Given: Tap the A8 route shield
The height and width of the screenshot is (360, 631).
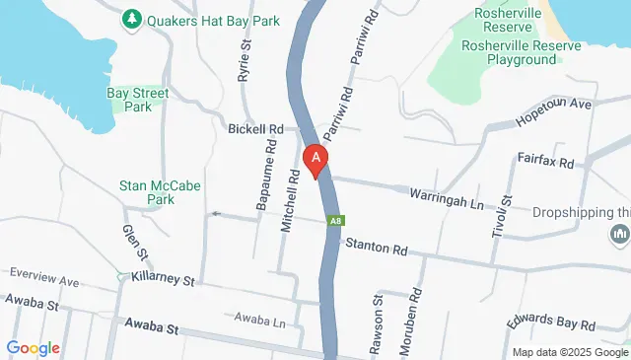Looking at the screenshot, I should [336, 220].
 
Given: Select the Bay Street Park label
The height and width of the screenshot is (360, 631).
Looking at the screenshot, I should [137, 101].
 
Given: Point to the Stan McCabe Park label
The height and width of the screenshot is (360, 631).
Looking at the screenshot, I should [146, 191].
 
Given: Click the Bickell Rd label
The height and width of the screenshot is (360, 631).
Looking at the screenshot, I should [255, 129].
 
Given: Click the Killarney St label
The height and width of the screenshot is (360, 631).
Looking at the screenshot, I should [164, 279].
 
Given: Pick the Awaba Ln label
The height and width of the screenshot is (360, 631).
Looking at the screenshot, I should [259, 320].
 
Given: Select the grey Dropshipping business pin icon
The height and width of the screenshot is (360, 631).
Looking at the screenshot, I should [619, 236].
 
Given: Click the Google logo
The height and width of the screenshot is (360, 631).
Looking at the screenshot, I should [33, 347].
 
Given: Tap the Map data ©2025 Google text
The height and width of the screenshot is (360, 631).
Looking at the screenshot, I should [570, 352].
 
